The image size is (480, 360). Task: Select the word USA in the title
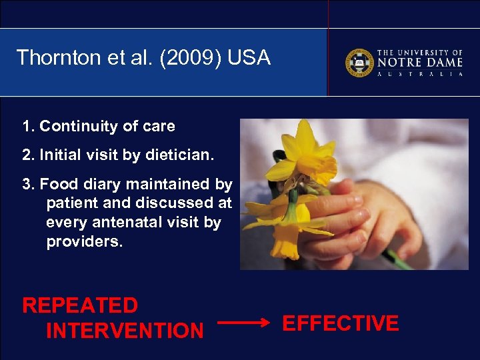click(249, 58)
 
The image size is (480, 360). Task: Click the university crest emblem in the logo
click(359, 63)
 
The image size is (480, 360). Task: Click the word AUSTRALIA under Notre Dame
click(420, 74)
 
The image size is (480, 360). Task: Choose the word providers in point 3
click(85, 242)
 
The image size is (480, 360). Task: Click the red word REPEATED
click(80, 306)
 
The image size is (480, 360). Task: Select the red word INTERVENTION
click(125, 330)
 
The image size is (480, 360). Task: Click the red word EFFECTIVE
click(341, 324)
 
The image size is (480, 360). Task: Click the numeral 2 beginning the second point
click(27, 155)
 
